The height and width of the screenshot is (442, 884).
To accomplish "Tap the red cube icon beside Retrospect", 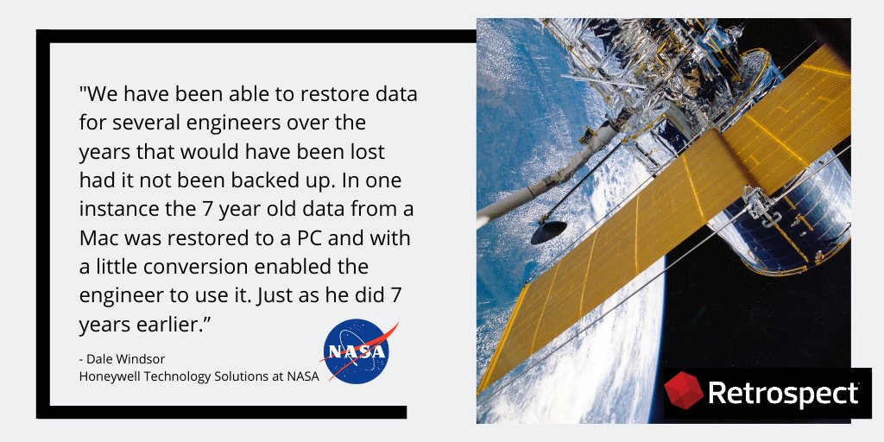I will (x=683, y=392).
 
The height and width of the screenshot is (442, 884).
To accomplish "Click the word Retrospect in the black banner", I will (x=783, y=394).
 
